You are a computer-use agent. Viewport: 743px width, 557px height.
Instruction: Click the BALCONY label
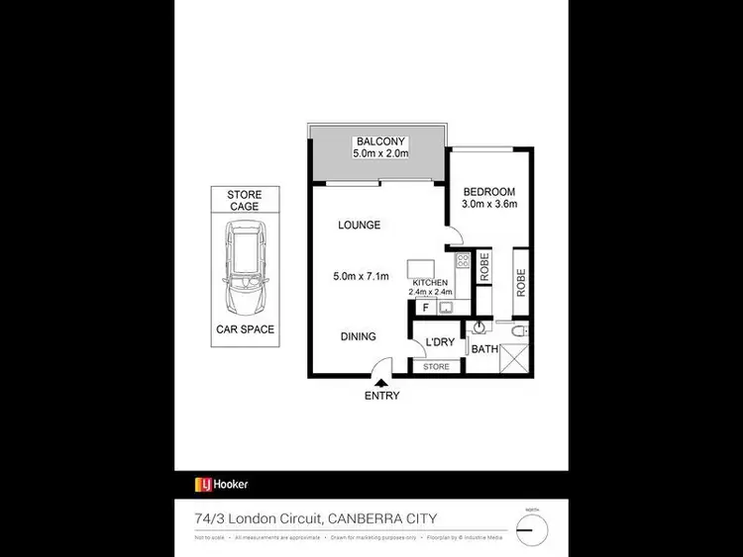(376, 141)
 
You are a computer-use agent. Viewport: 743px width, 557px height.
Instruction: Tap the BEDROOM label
(489, 191)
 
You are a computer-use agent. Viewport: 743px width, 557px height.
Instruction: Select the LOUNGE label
(359, 226)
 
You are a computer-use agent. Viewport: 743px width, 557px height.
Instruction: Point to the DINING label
(359, 336)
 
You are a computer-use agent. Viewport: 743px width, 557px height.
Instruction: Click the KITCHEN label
(430, 283)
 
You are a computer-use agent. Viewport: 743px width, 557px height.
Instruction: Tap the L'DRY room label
(439, 343)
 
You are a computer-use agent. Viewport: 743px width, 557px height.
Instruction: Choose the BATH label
(483, 349)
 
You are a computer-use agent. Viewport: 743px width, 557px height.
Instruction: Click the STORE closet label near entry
(436, 367)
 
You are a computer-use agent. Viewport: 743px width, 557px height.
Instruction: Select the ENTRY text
(382, 397)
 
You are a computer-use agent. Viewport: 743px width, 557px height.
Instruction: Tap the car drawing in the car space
(245, 265)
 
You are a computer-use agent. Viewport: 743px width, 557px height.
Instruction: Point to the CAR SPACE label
(245, 329)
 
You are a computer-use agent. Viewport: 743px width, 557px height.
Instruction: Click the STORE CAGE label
(244, 201)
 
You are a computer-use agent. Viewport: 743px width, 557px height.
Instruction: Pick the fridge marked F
(425, 308)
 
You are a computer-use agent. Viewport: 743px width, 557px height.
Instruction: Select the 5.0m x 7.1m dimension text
(362, 276)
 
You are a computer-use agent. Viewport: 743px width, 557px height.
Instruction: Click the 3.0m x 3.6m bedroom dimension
(489, 205)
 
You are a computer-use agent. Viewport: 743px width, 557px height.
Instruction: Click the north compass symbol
(533, 526)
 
